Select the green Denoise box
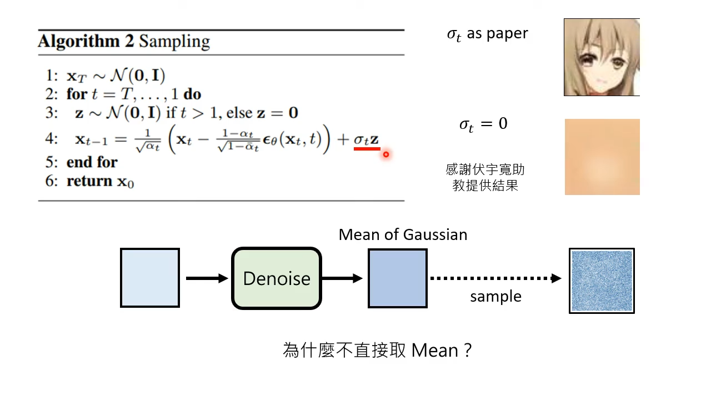277,278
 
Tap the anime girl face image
602,57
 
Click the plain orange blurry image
602,157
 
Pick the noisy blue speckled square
602,281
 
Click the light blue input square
150,278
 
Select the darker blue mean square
398,278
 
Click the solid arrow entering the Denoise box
207,278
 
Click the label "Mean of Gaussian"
403,234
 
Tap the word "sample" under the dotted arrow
495,297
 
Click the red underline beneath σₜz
367,149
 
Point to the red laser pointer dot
385,154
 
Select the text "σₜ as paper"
487,34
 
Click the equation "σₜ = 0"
483,124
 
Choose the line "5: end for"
82,162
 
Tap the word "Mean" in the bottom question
434,351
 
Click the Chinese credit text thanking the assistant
485,177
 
